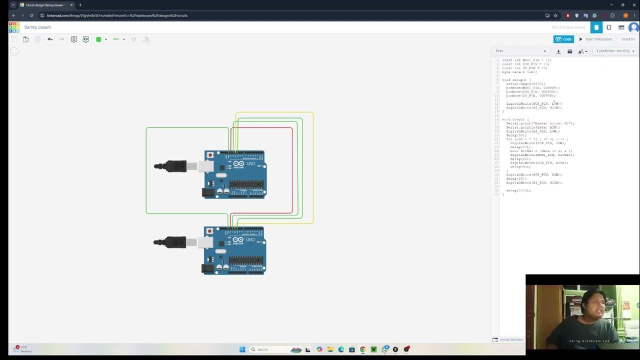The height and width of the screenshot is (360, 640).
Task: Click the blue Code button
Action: (x=563, y=39)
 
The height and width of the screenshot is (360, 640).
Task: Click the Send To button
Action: (x=627, y=39)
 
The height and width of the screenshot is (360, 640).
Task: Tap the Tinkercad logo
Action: (x=14, y=27)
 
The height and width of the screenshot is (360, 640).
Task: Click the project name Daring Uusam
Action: (x=37, y=27)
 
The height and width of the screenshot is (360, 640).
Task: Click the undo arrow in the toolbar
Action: (x=50, y=39)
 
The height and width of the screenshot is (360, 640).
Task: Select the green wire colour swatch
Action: (x=98, y=39)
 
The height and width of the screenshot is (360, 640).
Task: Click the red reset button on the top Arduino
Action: (x=210, y=155)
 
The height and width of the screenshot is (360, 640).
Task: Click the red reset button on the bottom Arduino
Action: (x=209, y=231)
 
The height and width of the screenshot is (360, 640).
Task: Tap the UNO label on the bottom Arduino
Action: (x=250, y=239)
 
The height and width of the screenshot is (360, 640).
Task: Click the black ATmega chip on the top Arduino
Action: (x=246, y=184)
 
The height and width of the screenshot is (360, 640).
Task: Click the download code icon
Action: (x=558, y=51)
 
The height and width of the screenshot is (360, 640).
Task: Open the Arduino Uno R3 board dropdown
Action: (x=615, y=51)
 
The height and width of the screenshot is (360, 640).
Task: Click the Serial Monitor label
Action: (x=511, y=339)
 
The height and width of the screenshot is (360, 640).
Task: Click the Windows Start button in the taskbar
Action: (x=242, y=349)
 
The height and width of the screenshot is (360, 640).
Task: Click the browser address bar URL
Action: (x=117, y=15)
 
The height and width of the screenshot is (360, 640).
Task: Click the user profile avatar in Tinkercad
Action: (x=633, y=27)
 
